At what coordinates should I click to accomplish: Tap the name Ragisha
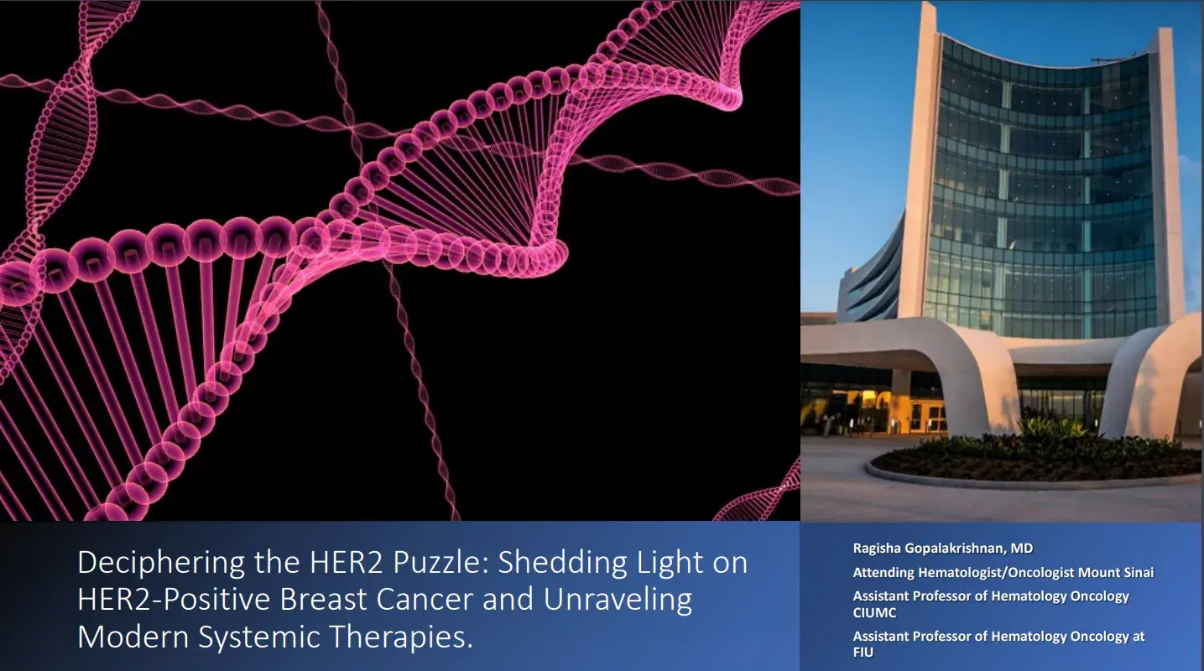(877, 549)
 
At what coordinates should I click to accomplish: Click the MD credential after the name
(1022, 549)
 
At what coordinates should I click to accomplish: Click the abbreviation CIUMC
(875, 612)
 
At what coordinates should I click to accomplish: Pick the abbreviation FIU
(863, 652)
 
